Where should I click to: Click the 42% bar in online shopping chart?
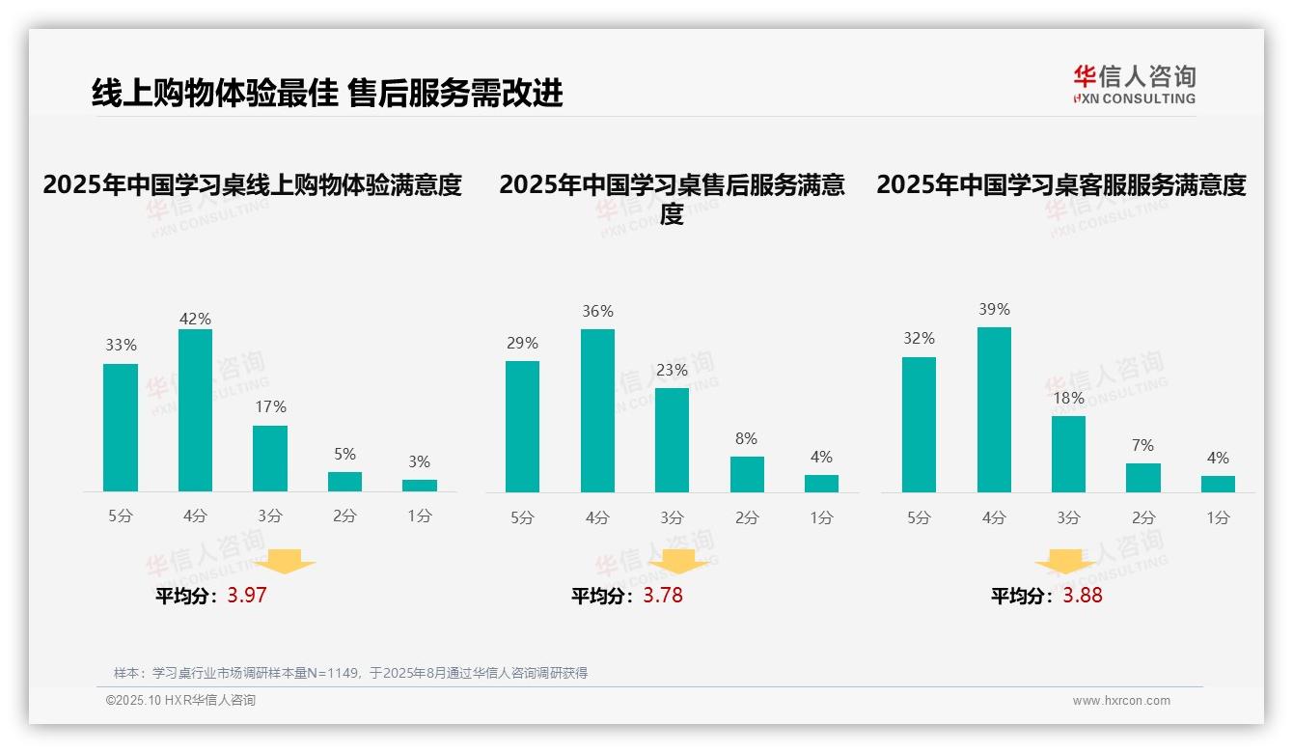coord(195,410)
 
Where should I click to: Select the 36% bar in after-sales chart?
coord(597,410)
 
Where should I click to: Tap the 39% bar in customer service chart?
coord(994,409)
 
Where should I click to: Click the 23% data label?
coord(672,371)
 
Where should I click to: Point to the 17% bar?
coord(270,459)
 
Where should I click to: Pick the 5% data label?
coord(344,454)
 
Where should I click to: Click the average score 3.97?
coord(247,596)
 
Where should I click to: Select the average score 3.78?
coord(663,596)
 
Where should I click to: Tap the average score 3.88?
coord(1083,596)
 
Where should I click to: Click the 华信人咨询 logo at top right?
coord(1134,84)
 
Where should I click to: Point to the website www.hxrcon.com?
coord(1121,701)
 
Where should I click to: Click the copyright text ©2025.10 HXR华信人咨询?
coord(180,701)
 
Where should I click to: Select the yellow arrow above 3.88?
coord(1065,562)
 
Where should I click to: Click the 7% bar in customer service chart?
coord(1143,478)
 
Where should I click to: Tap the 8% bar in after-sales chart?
coord(747,474)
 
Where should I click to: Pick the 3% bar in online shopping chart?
coord(420,486)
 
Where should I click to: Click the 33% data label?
coord(121,345)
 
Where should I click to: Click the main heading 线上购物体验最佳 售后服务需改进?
coord(327,94)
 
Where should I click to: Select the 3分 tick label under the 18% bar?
coord(1068,518)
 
